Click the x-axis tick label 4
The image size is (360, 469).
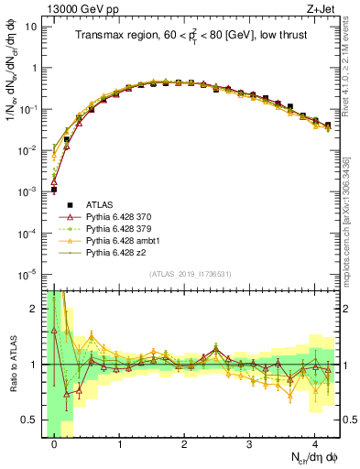tap(314, 442)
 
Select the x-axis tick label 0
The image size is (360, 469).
tap(55, 442)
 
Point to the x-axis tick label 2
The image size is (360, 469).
tap(184, 442)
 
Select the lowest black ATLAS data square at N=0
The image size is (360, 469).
tap(54, 190)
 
